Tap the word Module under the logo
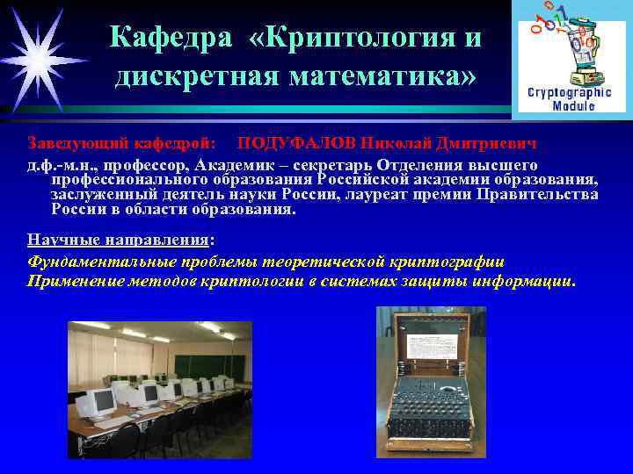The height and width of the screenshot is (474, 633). pyautogui.click(x=573, y=105)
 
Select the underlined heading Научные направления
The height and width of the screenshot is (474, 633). pyautogui.click(x=119, y=240)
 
